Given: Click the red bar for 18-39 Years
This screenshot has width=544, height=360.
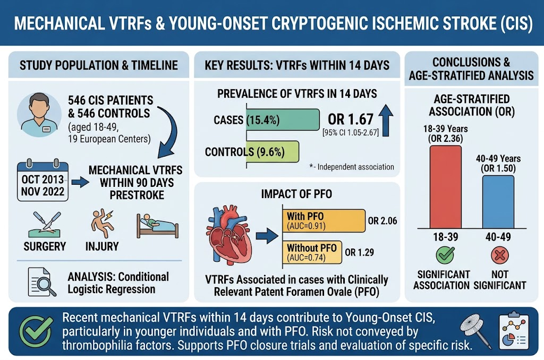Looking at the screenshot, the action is coord(446,187).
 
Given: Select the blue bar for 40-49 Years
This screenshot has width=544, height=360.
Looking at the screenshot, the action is coord(498,202).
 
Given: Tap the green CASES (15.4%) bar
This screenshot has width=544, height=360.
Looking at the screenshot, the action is coord(283,119).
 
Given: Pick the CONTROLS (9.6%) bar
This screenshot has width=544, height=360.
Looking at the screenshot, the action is coord(273,151).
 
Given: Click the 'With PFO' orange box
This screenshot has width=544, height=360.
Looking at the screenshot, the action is coord(324,220).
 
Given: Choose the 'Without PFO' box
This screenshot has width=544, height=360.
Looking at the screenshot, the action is coord(312,252).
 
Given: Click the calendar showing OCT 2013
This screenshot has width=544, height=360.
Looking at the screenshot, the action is coord(42,181).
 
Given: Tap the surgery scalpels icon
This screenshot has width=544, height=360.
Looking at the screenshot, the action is coord(47,225).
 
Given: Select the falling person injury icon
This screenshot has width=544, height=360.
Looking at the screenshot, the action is coord(103,224).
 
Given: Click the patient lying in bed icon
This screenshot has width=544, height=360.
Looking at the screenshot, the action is coord(157,226).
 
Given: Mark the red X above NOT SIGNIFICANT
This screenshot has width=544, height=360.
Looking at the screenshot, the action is coord(500,255).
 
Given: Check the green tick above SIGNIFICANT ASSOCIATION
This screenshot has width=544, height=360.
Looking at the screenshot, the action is coord(445,255).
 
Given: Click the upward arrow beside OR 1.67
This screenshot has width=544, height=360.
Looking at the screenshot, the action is coord(386,121).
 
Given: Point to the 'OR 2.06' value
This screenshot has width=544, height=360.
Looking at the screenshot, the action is coord(382,220).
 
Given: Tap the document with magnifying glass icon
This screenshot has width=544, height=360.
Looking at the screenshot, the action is coord(41,282).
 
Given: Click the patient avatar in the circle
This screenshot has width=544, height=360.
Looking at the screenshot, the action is coord(39,115).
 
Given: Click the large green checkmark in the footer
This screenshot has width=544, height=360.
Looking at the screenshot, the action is coord(36,331).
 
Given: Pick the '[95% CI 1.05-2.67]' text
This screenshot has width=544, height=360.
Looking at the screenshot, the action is coord(351,133).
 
